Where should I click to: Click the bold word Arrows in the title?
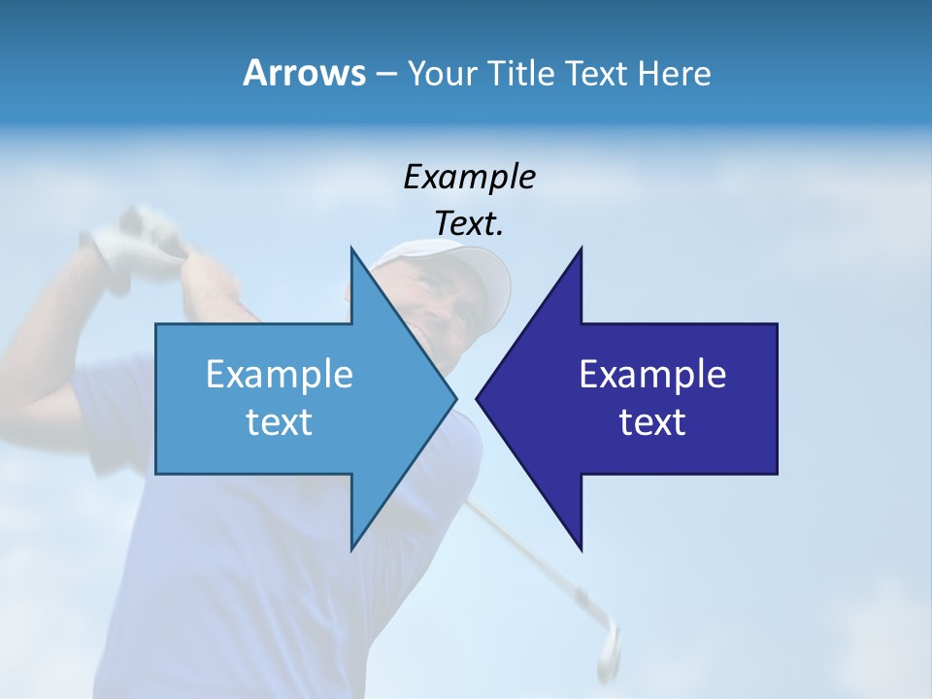303,73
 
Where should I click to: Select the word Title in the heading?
520,73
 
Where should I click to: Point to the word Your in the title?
440,73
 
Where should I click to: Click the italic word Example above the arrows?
469,177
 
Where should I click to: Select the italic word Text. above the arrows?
469,223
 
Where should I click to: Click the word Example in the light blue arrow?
280,374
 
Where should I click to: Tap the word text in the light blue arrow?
280,422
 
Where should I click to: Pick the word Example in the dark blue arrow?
652,374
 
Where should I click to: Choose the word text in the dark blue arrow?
652,422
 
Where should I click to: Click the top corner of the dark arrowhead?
581,250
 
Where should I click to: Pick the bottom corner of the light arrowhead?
351,549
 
